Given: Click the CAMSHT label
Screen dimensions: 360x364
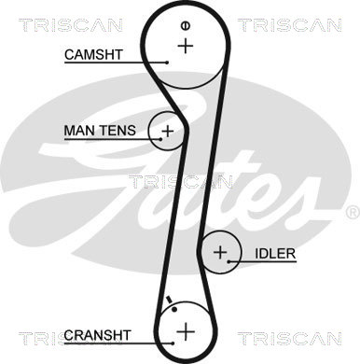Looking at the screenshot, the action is click(x=93, y=55).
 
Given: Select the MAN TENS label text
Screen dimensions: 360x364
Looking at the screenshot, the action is click(x=100, y=131).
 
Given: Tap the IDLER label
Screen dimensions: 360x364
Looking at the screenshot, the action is click(x=275, y=254).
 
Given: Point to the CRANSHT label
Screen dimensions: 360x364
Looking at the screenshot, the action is click(x=97, y=335).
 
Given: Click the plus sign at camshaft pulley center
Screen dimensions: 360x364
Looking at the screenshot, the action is click(x=186, y=46).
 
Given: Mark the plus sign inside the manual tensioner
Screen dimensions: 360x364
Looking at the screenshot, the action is click(x=168, y=132).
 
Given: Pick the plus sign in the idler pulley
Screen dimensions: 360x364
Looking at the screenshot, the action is click(x=221, y=252).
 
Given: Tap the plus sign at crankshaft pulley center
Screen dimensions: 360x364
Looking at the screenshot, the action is click(x=186, y=331).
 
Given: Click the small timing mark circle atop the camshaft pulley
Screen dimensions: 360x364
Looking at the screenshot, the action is click(x=186, y=26).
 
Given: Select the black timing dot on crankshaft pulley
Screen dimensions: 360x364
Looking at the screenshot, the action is click(x=174, y=309).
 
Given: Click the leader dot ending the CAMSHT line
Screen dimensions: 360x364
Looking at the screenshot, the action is click(x=167, y=63).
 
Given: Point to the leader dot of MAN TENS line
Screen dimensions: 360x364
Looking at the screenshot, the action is click(x=160, y=139).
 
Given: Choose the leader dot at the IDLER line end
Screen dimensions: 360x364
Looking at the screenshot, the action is click(x=228, y=261).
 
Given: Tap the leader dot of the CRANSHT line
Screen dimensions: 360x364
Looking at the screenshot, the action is click(x=173, y=343).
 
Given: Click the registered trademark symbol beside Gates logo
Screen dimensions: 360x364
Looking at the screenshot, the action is click(x=353, y=213).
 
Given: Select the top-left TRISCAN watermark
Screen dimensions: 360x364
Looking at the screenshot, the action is click(x=71, y=25).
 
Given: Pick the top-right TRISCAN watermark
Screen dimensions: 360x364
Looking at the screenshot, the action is click(x=290, y=25).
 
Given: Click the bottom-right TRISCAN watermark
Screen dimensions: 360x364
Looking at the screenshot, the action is click(x=290, y=339).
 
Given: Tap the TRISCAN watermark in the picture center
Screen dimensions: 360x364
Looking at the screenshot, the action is click(x=181, y=182).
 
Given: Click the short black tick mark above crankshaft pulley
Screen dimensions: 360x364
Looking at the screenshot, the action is click(x=170, y=300).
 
